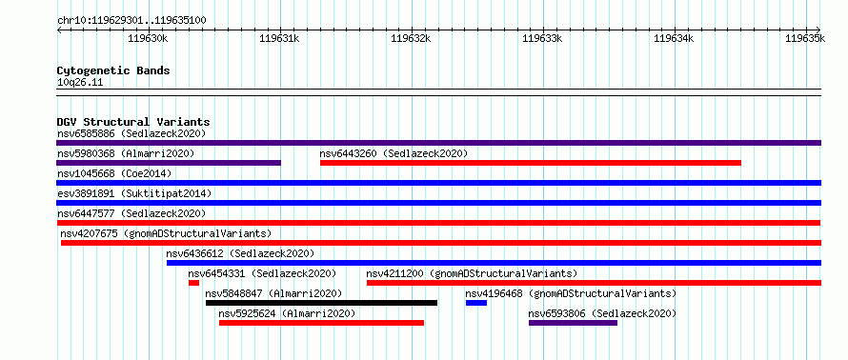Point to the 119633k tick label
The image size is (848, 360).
pyautogui.click(x=542, y=38)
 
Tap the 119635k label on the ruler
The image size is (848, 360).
pyautogui.click(x=805, y=38)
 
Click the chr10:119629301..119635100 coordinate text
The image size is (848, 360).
pyautogui.click(x=131, y=21)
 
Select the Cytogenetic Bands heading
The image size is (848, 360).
pyautogui.click(x=113, y=70)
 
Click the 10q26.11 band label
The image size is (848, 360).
pyautogui.click(x=80, y=83)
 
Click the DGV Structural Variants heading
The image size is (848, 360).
pyautogui.click(x=133, y=122)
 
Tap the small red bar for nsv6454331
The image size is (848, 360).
pyautogui.click(x=193, y=283)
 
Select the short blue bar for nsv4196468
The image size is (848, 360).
pyautogui.click(x=475, y=303)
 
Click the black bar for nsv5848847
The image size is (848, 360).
pyautogui.click(x=321, y=303)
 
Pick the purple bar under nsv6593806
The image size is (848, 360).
pyautogui.click(x=573, y=323)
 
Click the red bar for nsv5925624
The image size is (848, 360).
pyautogui.click(x=321, y=323)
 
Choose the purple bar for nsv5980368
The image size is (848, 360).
pyautogui.click(x=169, y=163)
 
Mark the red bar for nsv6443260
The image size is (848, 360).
pyautogui.click(x=531, y=163)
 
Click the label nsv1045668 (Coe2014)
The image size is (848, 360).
pyautogui.click(x=114, y=173)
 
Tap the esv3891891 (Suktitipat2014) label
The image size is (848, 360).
pyautogui.click(x=134, y=193)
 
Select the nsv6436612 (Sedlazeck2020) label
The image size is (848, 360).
pyautogui.click(x=240, y=253)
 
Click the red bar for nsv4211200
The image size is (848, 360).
pyautogui.click(x=594, y=283)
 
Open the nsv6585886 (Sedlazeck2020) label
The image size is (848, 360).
pyautogui.click(x=131, y=133)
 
